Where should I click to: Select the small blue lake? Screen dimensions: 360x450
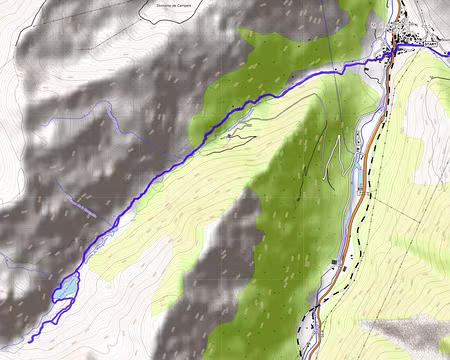[65, 288]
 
